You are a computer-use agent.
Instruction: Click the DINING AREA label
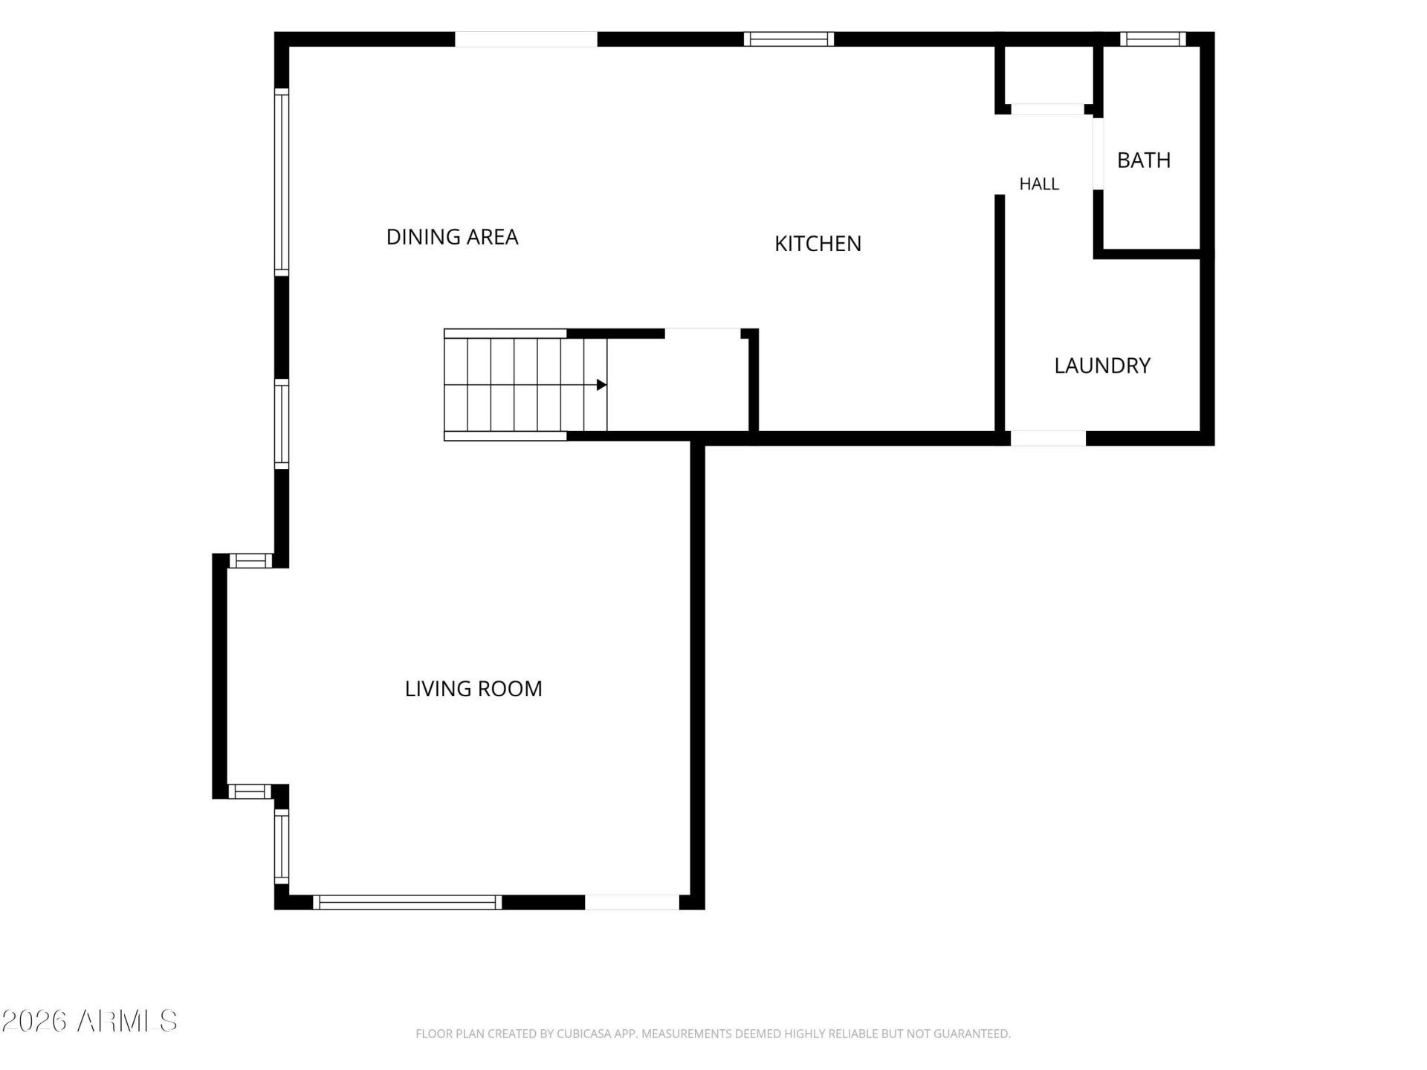coord(452,237)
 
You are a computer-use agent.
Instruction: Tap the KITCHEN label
coord(818,244)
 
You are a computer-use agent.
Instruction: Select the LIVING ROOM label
coord(473,689)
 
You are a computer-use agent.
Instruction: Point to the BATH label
coord(1144,160)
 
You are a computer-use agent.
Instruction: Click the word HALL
coord(1039,184)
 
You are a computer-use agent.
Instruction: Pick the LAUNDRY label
coord(1102,366)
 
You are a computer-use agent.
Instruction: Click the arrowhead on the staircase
coord(601,385)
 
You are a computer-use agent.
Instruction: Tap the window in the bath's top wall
coord(1153,39)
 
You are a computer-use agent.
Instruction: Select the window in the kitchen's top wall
coord(789,39)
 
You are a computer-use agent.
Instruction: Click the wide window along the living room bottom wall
coord(407,902)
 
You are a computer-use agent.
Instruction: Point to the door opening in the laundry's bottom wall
coord(1048,438)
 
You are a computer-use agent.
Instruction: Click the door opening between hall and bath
coord(1098,154)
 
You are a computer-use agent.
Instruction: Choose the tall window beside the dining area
coord(282,182)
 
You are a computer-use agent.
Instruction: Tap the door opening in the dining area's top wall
coord(526,39)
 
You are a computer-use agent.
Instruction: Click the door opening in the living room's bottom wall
coord(632,902)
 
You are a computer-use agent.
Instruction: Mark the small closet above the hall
coord(1049,74)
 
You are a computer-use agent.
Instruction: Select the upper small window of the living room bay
coord(250,561)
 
